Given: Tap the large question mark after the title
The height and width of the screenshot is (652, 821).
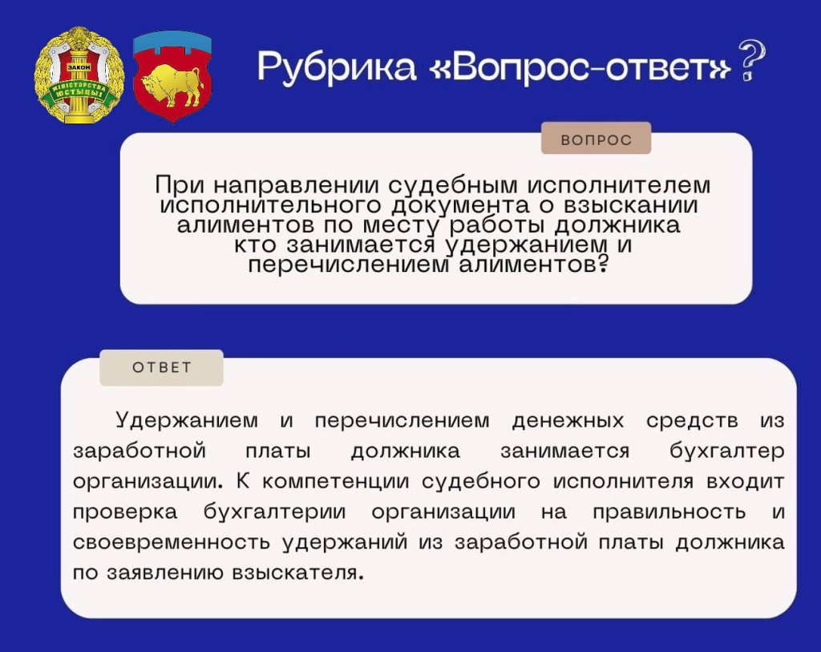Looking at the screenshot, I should click(750, 62).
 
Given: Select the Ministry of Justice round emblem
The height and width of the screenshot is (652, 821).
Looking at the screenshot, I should click(79, 76).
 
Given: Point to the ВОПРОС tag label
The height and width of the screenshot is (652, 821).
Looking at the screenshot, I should click(596, 140).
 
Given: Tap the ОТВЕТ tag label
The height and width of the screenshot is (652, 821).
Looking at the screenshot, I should click(162, 368).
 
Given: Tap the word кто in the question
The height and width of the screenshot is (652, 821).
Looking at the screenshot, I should click(257, 245).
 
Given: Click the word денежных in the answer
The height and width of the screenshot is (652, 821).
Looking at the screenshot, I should click(568, 420).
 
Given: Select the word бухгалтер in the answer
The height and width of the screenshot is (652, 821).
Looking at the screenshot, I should click(726, 451).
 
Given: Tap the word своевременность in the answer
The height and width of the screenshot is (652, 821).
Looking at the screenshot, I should click(172, 542).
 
